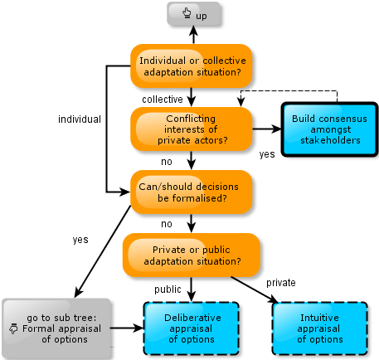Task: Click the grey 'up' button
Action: [x=193, y=14]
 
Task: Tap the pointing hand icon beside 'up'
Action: [x=187, y=13]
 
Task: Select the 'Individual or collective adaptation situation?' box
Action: [x=192, y=66]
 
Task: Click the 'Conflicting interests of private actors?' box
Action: [x=192, y=129]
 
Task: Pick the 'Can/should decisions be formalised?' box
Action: [x=192, y=192]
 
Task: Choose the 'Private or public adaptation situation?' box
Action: [x=192, y=255]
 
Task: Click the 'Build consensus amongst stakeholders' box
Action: [x=329, y=129]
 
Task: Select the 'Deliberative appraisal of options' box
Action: [x=192, y=328]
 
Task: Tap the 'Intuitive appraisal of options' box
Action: [x=320, y=328]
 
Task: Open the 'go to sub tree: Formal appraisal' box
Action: [x=56, y=328]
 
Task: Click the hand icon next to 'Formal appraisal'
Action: [x=13, y=328]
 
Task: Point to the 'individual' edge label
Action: [x=80, y=119]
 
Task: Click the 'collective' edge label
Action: [x=163, y=100]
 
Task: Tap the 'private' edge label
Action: [x=281, y=283]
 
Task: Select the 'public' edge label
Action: [x=168, y=289]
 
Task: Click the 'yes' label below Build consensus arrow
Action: [x=267, y=154]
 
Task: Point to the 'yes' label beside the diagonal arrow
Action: [x=80, y=240]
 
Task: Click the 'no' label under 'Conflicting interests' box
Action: [x=167, y=162]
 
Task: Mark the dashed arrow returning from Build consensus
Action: [x=289, y=90]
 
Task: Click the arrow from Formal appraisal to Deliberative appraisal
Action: [x=127, y=328]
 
